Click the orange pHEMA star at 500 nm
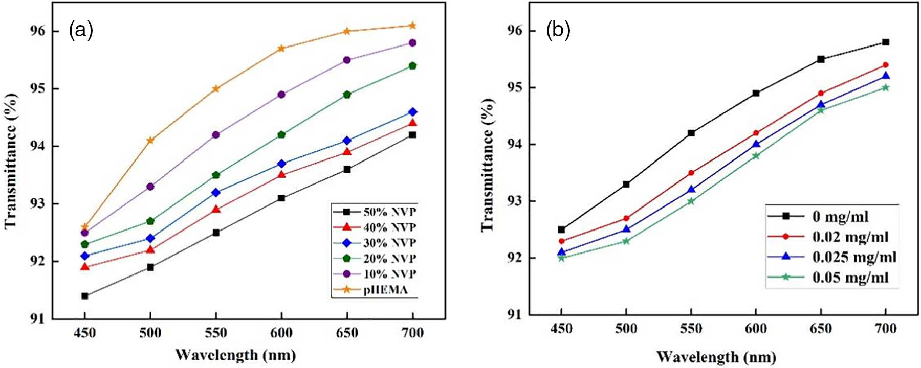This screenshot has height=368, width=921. click(150, 141)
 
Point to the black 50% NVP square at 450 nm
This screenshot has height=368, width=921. click(85, 296)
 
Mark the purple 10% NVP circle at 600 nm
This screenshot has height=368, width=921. click(281, 95)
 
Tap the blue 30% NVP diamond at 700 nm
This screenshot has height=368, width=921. click(412, 112)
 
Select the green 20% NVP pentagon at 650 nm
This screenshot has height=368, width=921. click(347, 95)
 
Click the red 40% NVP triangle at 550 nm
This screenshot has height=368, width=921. click(216, 209)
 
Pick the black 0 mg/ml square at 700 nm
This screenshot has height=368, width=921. click(886, 42)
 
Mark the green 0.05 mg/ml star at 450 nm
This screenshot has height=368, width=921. click(561, 258)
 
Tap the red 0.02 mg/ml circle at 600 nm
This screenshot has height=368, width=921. click(756, 133)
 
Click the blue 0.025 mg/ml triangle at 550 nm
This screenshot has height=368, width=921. click(691, 189)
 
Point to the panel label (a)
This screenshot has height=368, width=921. click(81, 31)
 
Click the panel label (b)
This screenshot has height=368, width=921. click(558, 31)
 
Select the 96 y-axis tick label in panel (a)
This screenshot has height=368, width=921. click(38, 31)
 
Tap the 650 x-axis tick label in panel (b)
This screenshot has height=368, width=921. click(821, 328)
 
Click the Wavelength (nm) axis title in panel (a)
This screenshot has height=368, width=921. click(235, 354)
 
